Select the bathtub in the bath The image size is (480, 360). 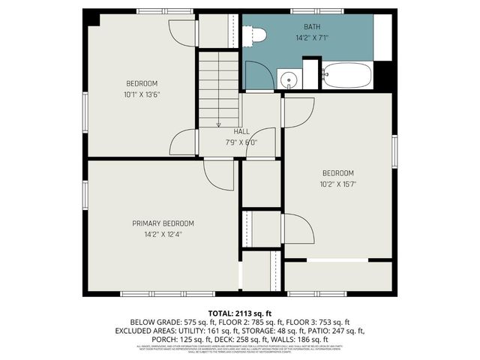pos(346,76)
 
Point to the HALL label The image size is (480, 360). pos(241,131)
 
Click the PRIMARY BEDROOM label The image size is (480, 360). pos(163,223)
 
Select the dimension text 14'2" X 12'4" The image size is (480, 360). pos(163,234)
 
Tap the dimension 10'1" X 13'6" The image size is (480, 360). pos(142,94)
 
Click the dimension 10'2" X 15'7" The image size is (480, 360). pos(337,183)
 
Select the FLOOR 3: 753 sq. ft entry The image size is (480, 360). pos(318,321)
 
